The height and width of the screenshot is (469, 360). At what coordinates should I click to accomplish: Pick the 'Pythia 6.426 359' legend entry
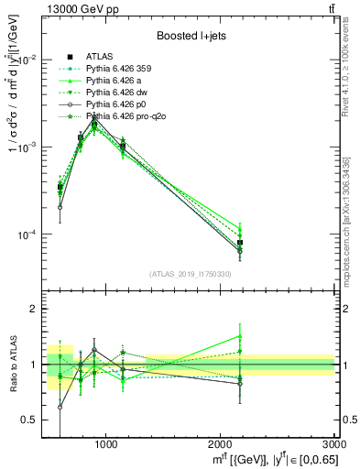[121, 68]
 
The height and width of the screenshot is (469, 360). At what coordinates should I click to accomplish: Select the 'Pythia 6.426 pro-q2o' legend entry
[127, 116]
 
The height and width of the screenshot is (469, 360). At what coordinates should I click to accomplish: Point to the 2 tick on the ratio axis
[33, 309]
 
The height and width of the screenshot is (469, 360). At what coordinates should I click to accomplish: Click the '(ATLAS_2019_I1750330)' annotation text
[189, 274]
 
